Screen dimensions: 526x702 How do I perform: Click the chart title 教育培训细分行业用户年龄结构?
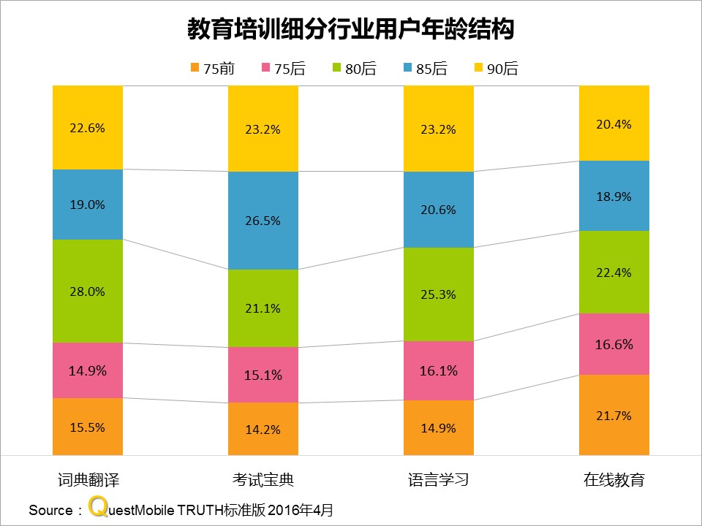point(351,29)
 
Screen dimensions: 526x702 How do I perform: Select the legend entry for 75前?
point(212,69)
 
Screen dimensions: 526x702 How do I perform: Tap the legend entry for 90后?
point(497,69)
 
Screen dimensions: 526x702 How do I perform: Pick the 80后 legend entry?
point(354,69)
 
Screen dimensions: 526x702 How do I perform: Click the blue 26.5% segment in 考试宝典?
point(263,221)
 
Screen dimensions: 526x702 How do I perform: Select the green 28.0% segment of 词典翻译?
point(88,291)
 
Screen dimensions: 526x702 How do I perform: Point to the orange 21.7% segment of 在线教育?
point(614,415)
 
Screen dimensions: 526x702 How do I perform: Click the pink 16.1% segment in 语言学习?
point(439,370)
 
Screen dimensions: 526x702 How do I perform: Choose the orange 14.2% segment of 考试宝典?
point(263,429)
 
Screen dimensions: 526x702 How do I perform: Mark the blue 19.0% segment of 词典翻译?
point(88,205)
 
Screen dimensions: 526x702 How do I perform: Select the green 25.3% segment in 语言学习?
point(439,294)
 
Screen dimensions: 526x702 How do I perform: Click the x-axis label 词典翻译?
point(88,480)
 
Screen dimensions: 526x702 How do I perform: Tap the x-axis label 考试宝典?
point(263,480)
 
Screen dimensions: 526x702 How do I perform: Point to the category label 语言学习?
point(439,480)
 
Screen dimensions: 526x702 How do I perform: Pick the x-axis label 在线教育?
point(614,480)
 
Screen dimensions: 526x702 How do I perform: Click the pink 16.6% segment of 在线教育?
point(614,344)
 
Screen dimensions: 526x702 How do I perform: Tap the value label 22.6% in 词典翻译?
point(88,128)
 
